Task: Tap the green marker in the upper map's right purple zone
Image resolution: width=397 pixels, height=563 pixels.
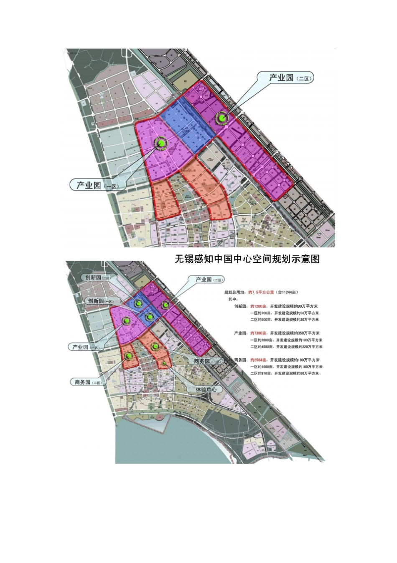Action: click(x=222, y=118)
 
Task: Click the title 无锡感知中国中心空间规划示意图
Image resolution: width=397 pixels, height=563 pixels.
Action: click(x=247, y=259)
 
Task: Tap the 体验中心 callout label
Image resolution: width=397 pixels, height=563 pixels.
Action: click(x=206, y=389)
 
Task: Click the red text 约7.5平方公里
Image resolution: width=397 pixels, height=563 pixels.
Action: click(x=261, y=293)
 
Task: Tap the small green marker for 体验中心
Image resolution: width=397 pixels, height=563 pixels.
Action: click(x=165, y=363)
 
